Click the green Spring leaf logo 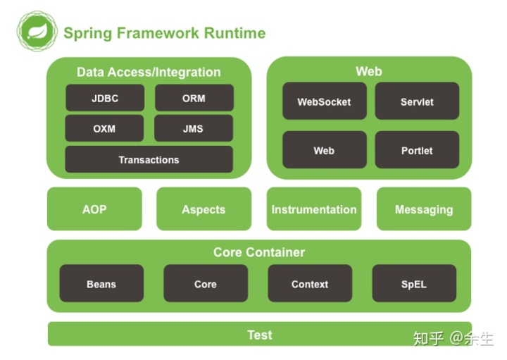(37, 32)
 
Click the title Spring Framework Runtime (164, 33)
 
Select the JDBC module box (105, 98)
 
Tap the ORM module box (194, 98)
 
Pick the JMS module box (194, 129)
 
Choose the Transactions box (149, 160)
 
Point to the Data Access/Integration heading (149, 72)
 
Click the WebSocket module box (324, 101)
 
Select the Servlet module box (417, 101)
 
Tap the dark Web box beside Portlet (324, 150)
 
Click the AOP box (94, 209)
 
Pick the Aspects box (204, 209)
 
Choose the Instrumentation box (314, 209)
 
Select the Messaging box (424, 209)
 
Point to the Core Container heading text (259, 252)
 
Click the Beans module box (101, 284)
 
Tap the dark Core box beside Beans (206, 284)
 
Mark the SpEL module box (414, 284)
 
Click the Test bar (259, 335)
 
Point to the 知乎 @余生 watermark (453, 338)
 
